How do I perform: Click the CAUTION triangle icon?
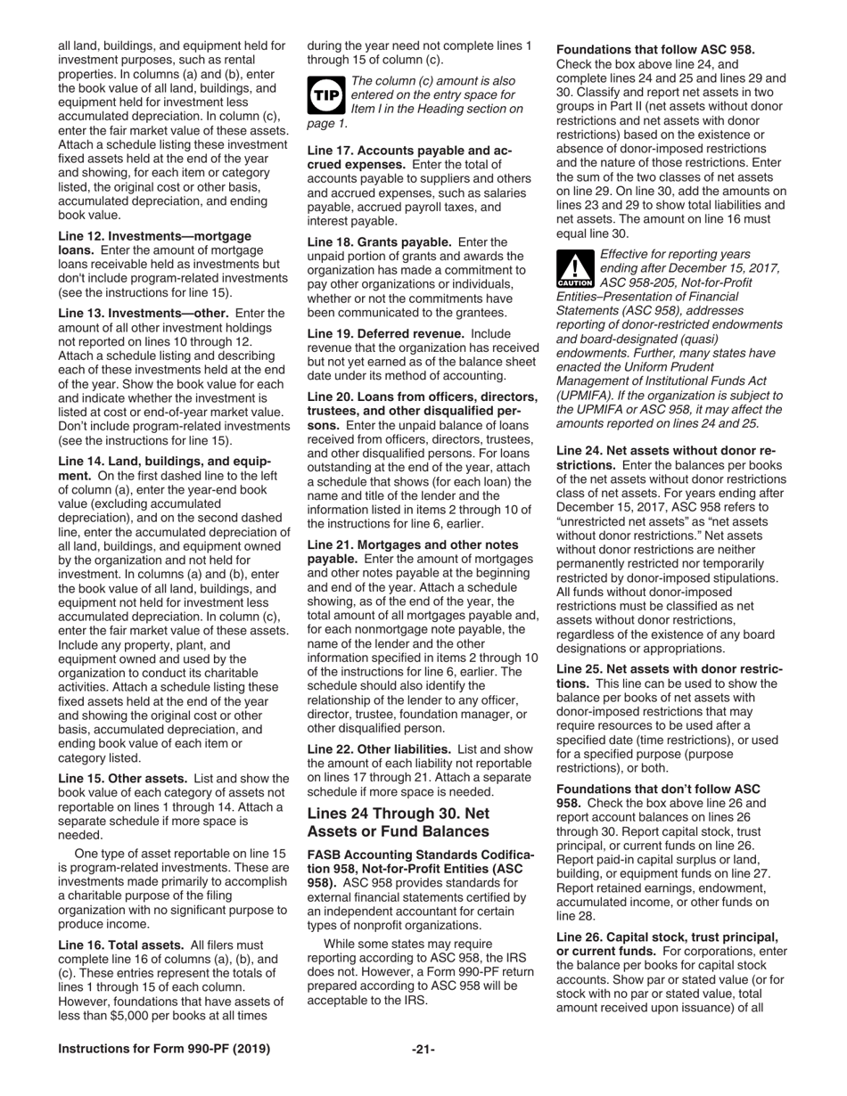coord(569,269)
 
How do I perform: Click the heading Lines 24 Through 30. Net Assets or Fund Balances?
coord(398,822)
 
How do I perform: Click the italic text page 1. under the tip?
coord(327,123)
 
